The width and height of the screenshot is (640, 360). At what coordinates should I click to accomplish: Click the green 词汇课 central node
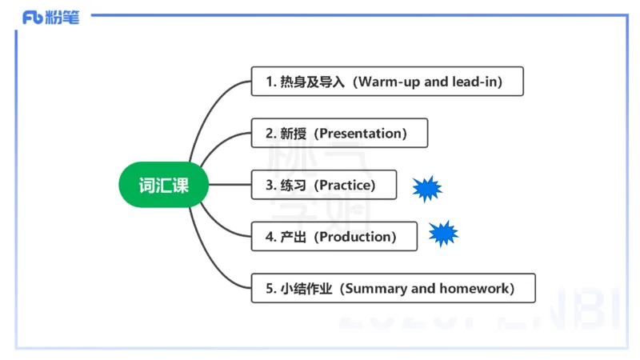tap(164, 186)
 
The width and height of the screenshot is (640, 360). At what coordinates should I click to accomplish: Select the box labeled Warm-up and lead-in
tap(387, 82)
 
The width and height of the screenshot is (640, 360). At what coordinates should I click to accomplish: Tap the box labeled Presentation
tap(339, 134)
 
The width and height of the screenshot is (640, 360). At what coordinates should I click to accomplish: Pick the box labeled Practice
tap(324, 186)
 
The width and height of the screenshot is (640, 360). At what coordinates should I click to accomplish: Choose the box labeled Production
tap(334, 237)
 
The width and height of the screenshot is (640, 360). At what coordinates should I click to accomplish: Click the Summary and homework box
tap(393, 289)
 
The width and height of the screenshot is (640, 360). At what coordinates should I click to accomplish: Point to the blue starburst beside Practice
tap(426, 188)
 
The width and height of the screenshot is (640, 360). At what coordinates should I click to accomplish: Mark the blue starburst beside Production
tap(442, 234)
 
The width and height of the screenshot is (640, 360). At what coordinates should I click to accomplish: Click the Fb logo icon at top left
tap(33, 18)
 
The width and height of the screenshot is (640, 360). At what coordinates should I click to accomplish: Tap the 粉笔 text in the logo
tap(63, 18)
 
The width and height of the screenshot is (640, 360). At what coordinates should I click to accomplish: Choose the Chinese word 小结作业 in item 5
tap(306, 289)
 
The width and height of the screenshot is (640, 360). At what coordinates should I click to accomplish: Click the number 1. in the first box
tap(270, 82)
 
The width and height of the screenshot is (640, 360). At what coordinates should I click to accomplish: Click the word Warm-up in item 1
tap(387, 82)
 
